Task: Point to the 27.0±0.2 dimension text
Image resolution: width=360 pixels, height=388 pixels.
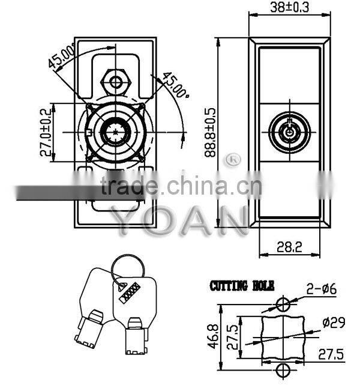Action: (45, 133)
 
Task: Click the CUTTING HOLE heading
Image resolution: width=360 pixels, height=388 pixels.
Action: (236, 285)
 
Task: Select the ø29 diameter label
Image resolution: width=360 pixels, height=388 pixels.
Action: (333, 323)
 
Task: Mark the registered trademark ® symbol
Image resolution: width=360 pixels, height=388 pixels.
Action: (231, 159)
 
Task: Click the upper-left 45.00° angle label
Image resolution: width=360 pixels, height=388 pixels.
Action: (61, 59)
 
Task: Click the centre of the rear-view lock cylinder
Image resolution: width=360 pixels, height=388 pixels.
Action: (115, 132)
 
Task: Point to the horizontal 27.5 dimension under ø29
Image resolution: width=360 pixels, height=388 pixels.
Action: (332, 354)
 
